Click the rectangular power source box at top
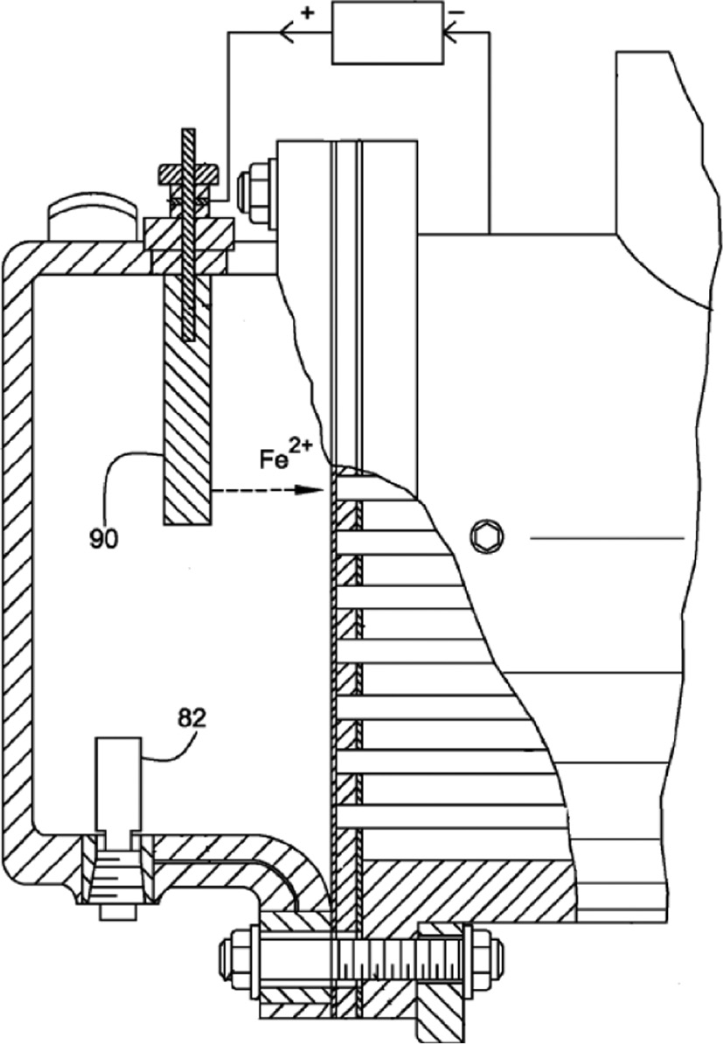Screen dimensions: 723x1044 coord(388,32)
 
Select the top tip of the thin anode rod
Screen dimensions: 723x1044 coord(188,133)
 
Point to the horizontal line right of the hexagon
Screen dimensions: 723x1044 coord(607,535)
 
